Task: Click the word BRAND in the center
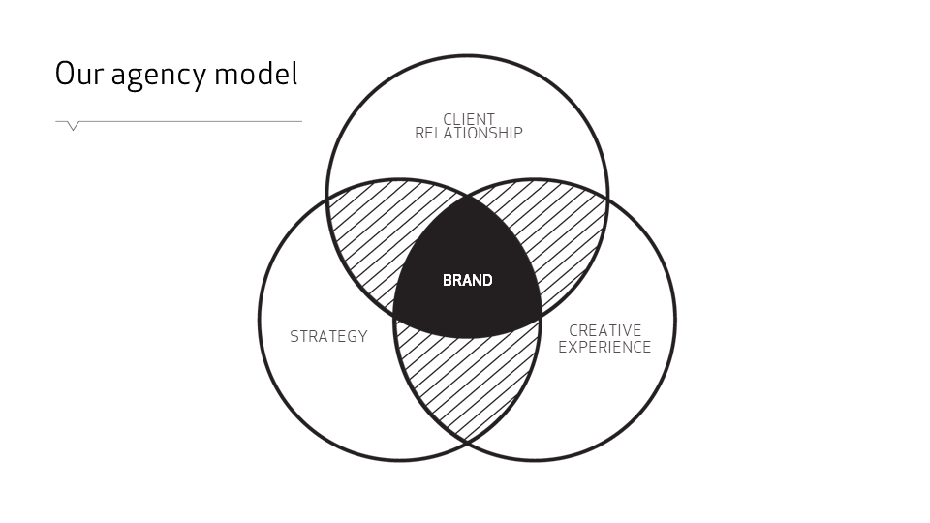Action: (467, 280)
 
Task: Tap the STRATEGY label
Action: (328, 337)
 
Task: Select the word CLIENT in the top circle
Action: (469, 119)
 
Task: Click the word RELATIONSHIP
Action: (469, 134)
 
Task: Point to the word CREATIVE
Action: (604, 331)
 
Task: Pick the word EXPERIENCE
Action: (604, 347)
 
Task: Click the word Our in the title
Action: (78, 74)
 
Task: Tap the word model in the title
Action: (257, 74)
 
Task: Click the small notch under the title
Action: (73, 126)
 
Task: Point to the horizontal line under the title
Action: (194, 121)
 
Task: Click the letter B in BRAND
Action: (448, 280)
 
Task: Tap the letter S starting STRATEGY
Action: (294, 337)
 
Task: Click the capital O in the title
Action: (65, 74)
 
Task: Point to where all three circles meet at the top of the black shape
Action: (467, 197)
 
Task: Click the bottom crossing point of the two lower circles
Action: (467, 442)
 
